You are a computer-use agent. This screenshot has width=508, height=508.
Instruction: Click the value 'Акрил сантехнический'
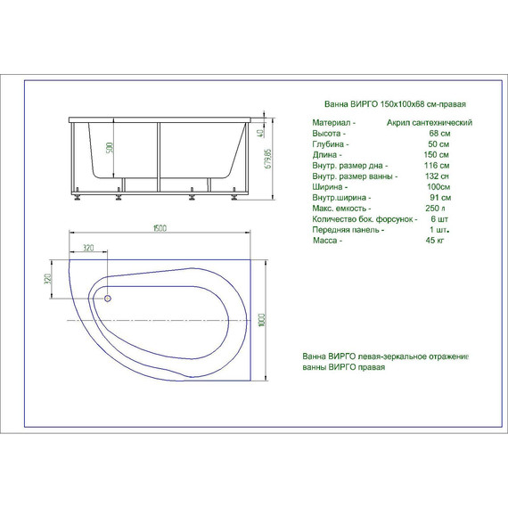coord(430,122)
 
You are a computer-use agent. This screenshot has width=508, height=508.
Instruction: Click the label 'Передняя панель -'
coord(348,230)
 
